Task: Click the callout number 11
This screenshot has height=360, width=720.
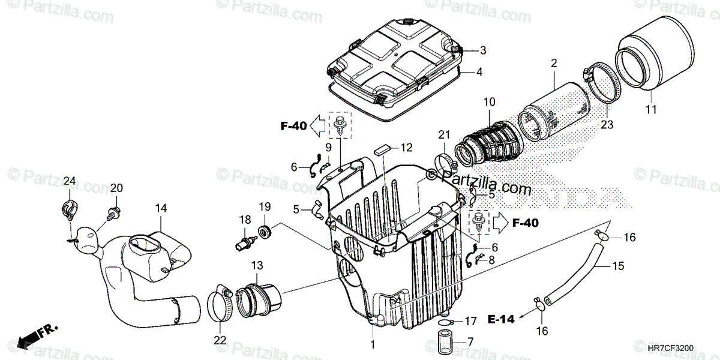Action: (651, 109)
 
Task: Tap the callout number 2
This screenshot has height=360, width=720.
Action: (554, 63)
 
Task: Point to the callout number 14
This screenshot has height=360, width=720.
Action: (161, 208)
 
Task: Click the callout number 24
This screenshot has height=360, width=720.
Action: (70, 181)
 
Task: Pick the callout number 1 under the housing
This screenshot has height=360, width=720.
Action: (373, 344)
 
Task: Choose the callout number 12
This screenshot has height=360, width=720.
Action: (407, 146)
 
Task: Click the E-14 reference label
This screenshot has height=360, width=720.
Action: (502, 319)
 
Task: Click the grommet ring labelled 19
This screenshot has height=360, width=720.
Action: (264, 230)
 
